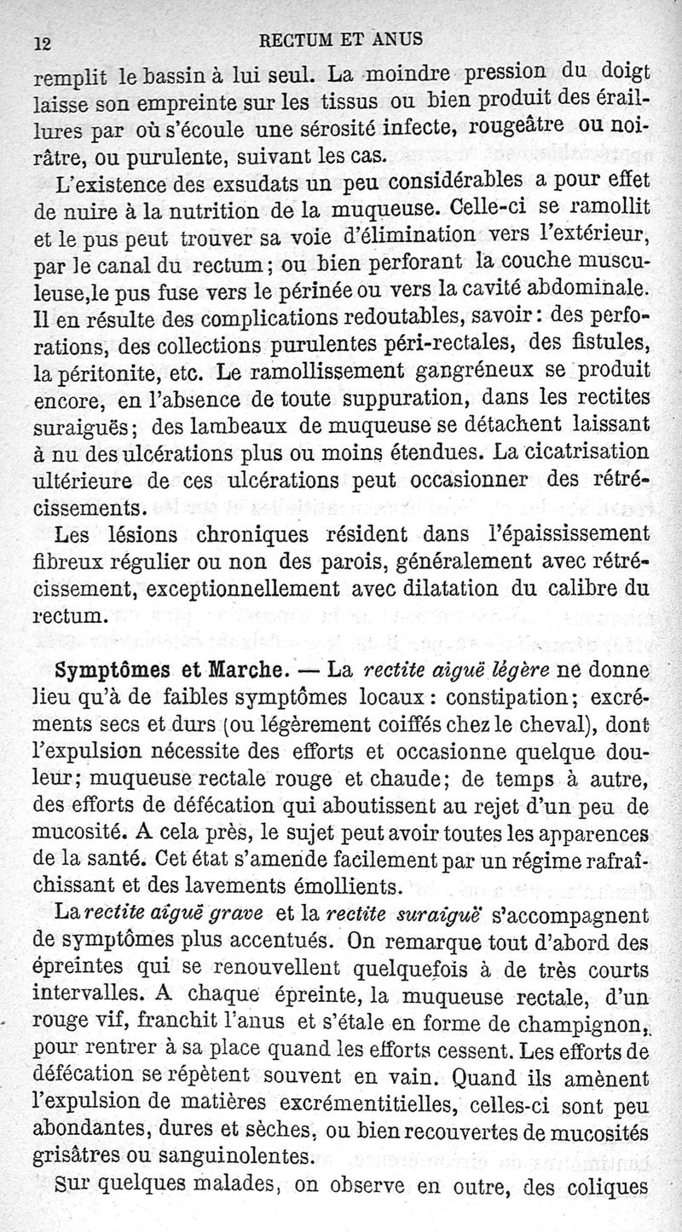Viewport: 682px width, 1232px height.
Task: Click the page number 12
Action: click(x=42, y=42)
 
